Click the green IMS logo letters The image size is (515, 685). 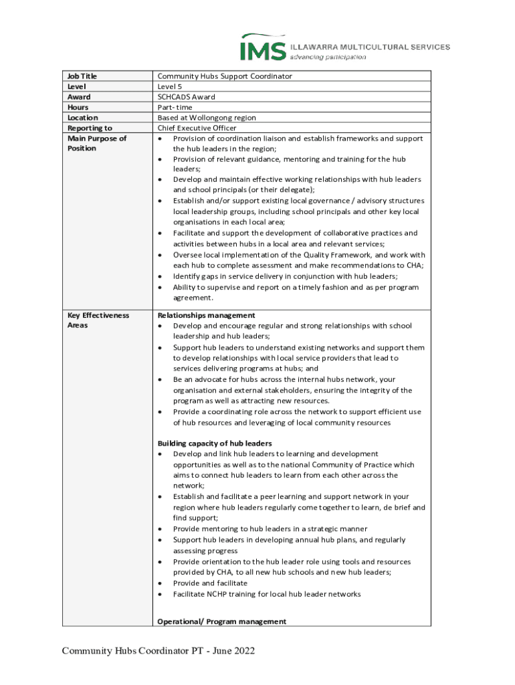point(264,49)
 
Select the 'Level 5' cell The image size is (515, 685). point(169,86)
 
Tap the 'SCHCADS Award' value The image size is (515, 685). point(186,97)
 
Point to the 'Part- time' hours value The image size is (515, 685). point(175,107)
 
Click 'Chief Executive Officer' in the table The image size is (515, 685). point(197,128)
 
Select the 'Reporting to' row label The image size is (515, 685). point(90,128)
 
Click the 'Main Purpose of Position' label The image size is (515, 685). point(96,143)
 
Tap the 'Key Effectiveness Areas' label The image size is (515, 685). point(98,320)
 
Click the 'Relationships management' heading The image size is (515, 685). point(206,315)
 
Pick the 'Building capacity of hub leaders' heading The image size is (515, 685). point(214,443)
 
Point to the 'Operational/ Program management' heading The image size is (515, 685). point(221,621)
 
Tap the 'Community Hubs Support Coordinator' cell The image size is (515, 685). point(225,76)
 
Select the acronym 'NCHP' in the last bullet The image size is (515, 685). point(215,594)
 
